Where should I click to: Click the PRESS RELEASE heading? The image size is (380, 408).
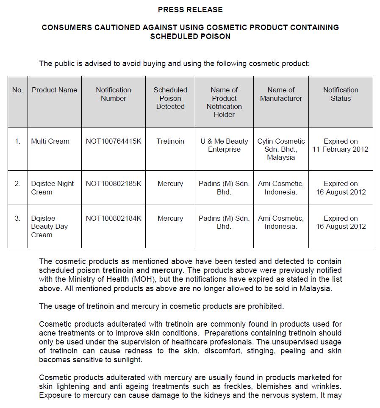click(190, 9)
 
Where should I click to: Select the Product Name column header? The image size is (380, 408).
click(54, 90)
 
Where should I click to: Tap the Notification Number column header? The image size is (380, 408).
click(114, 94)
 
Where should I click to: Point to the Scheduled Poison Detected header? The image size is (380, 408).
click(170, 98)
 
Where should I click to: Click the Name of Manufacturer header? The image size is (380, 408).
click(281, 94)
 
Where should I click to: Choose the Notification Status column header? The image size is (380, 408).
click(341, 94)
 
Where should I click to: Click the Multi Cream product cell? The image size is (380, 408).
click(50, 142)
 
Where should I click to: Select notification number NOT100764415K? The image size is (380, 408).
click(114, 142)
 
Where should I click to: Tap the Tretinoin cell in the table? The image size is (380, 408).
click(170, 142)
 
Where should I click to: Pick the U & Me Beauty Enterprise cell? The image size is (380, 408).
click(224, 145)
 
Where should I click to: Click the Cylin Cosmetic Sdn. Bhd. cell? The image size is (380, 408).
click(281, 149)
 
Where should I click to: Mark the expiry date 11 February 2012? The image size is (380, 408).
click(341, 150)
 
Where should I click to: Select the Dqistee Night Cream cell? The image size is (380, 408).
click(52, 188)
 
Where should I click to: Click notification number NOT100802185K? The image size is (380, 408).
click(114, 184)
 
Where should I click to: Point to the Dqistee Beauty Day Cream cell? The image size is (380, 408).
click(49, 226)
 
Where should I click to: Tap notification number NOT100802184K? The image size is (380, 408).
click(114, 219)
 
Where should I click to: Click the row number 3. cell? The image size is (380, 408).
click(17, 219)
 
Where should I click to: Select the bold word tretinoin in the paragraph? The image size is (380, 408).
click(118, 270)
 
